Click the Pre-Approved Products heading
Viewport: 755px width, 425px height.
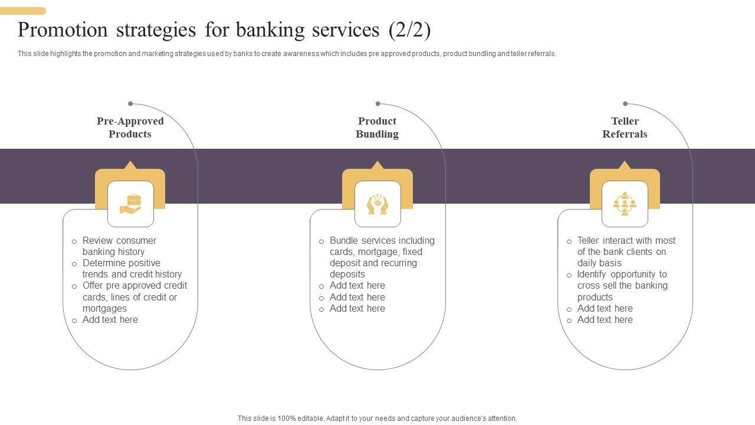point(130,127)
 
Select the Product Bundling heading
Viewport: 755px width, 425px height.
point(377,127)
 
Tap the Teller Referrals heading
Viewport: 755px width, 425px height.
point(625,127)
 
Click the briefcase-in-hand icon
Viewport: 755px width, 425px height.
point(130,204)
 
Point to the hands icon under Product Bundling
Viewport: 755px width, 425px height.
point(377,204)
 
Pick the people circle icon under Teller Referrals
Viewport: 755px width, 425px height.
point(625,204)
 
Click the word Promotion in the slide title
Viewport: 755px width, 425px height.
point(63,30)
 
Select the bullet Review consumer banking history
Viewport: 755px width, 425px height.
point(119,246)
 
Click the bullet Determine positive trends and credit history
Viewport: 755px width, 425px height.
point(132,269)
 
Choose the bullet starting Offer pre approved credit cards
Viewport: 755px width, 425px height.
point(134,297)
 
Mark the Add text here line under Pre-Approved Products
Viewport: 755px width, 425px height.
point(110,320)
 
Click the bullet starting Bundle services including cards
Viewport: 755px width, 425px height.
point(382,257)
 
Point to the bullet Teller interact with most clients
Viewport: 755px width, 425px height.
point(626,251)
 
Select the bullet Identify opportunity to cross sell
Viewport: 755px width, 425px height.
point(622,286)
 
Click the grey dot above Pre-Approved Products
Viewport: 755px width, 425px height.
point(130,104)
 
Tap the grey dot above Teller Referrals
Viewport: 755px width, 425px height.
point(625,104)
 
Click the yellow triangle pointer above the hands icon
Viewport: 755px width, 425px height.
point(377,165)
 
